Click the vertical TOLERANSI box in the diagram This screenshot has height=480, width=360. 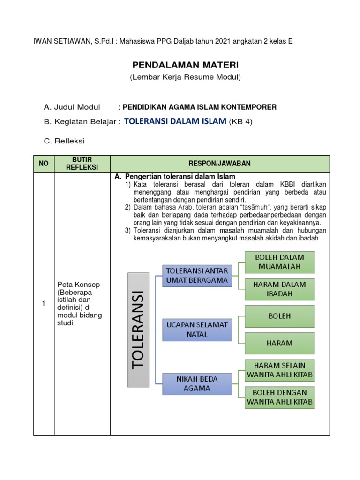point(138,330)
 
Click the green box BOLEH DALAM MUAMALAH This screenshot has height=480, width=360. point(279,262)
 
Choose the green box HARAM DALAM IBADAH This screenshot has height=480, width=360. point(279,289)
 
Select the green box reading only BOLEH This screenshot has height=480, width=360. point(279,316)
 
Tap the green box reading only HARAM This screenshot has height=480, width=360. point(279,343)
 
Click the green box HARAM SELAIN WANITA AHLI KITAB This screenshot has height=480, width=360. point(279,370)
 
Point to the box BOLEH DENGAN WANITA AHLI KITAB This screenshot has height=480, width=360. point(279,397)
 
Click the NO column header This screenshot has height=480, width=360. point(44,164)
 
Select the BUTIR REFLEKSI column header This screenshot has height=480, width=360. point(82,164)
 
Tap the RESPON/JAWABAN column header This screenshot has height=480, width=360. point(219,164)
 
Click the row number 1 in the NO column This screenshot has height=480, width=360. point(44,304)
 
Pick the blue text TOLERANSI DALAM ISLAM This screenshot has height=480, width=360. point(175,121)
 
